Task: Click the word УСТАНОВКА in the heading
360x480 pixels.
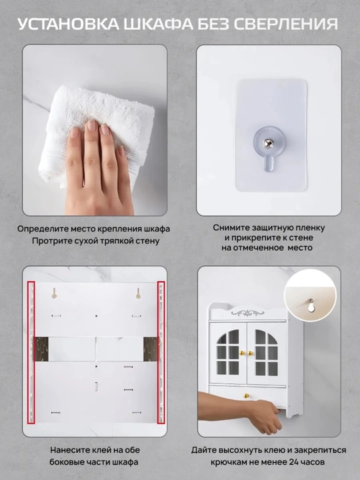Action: tap(69, 24)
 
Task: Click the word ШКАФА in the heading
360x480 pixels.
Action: tap(157, 24)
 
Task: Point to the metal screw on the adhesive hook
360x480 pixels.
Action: tap(268, 143)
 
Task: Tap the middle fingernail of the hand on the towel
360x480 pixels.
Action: tap(91, 125)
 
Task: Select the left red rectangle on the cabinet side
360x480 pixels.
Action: tap(31, 353)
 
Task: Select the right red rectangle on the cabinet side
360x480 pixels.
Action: tap(161, 353)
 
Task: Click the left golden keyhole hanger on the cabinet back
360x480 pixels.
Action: tap(54, 293)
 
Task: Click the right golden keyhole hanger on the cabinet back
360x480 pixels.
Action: tap(138, 293)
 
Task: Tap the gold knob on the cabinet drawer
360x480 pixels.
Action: tap(245, 396)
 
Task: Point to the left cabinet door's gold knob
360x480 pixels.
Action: tap(242, 353)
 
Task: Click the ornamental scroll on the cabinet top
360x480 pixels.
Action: tap(247, 313)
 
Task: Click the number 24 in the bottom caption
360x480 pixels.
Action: tap(294, 462)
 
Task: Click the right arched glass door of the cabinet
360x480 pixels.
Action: tap(266, 353)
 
